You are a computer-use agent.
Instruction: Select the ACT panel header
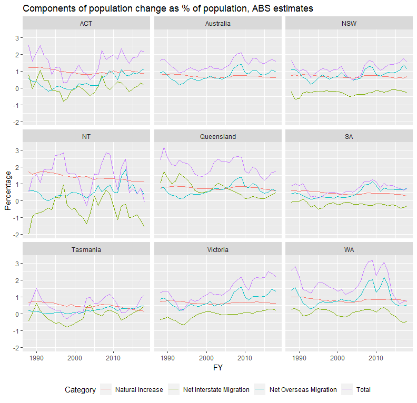86,24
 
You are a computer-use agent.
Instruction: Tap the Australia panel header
217,24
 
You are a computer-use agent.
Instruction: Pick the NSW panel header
349,24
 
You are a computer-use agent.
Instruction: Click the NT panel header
86,136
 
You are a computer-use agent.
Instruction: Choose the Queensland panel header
217,136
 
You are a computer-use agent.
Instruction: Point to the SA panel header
349,136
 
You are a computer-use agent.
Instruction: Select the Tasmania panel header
86,249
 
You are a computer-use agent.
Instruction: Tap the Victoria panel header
217,249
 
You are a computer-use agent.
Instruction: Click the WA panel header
349,249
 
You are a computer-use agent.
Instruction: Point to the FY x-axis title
217,368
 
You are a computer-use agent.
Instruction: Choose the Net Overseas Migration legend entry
303,390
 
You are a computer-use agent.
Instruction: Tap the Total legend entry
363,390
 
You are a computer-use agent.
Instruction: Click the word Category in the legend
80,390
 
